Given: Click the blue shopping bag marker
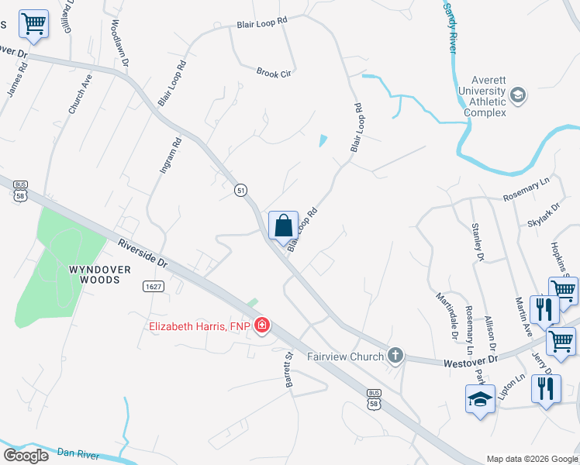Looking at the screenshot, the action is [283, 226].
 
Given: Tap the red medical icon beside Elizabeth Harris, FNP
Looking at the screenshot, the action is [262, 325].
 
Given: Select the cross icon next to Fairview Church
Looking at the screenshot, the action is [395, 356].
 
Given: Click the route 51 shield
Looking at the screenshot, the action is [241, 190].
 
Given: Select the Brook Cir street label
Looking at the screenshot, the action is [273, 73].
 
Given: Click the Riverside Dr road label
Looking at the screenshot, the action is [143, 253].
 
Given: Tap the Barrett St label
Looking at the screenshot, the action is [288, 370].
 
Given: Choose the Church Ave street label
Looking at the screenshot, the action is [81, 95].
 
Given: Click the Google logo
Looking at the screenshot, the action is [26, 456].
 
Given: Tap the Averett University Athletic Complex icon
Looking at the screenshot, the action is [518, 95].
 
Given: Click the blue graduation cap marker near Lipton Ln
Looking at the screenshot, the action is [480, 400].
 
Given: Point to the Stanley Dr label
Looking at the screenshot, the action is [478, 241].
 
